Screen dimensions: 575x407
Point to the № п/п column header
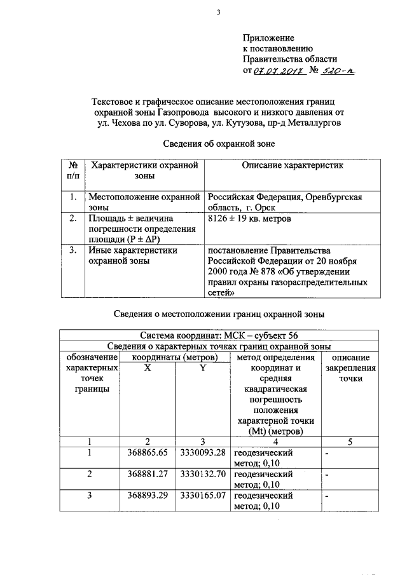(72, 170)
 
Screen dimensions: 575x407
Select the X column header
(148, 368)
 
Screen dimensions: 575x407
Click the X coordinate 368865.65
(148, 453)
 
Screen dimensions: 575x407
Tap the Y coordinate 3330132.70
(203, 474)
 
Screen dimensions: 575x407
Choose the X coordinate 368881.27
(148, 474)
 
